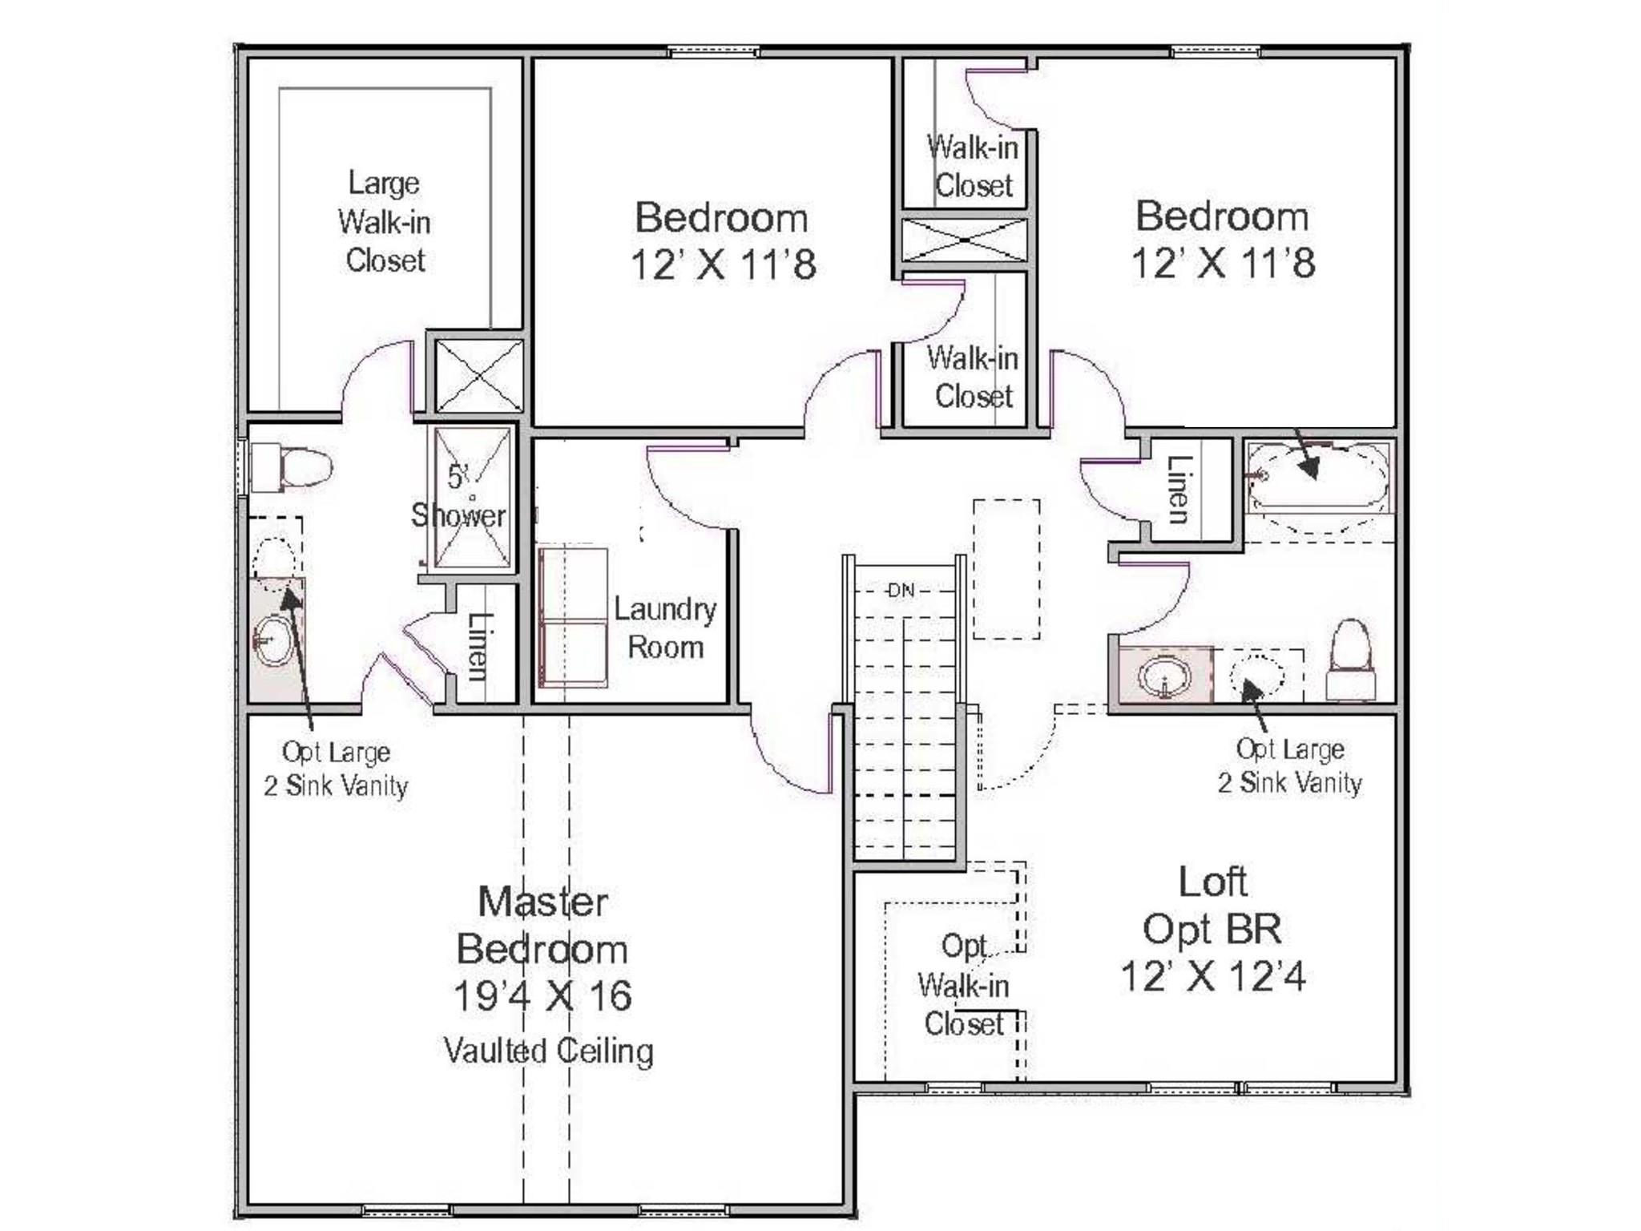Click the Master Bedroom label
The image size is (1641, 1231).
click(542, 925)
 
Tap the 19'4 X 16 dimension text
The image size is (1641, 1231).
click(542, 996)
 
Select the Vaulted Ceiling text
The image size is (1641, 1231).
click(549, 1051)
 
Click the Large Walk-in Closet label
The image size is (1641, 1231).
click(384, 222)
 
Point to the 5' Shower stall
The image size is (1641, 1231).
click(471, 497)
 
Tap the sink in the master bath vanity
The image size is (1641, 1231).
click(272, 640)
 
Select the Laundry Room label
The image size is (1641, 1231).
click(665, 628)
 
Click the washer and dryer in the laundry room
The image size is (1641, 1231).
click(572, 617)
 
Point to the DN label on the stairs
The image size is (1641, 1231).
click(901, 591)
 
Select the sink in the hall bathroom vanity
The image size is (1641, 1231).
click(1163, 675)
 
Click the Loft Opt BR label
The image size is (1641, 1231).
click(1212, 906)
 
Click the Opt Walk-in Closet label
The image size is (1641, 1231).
click(964, 985)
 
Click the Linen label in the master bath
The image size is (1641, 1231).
click(478, 646)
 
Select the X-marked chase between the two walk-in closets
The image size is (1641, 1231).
click(965, 240)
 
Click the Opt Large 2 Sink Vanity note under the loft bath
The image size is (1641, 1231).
click(1289, 766)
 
